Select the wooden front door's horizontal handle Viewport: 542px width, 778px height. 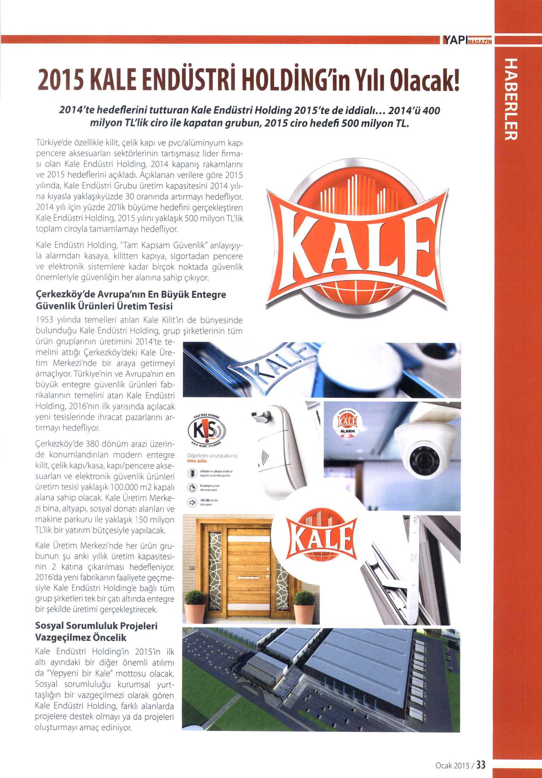(x=249, y=577)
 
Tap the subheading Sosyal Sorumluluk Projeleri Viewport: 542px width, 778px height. (x=96, y=625)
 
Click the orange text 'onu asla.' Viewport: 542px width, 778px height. (x=197, y=461)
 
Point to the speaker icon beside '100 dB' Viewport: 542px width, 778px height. (x=192, y=502)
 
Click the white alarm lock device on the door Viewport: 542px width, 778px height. (x=281, y=454)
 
